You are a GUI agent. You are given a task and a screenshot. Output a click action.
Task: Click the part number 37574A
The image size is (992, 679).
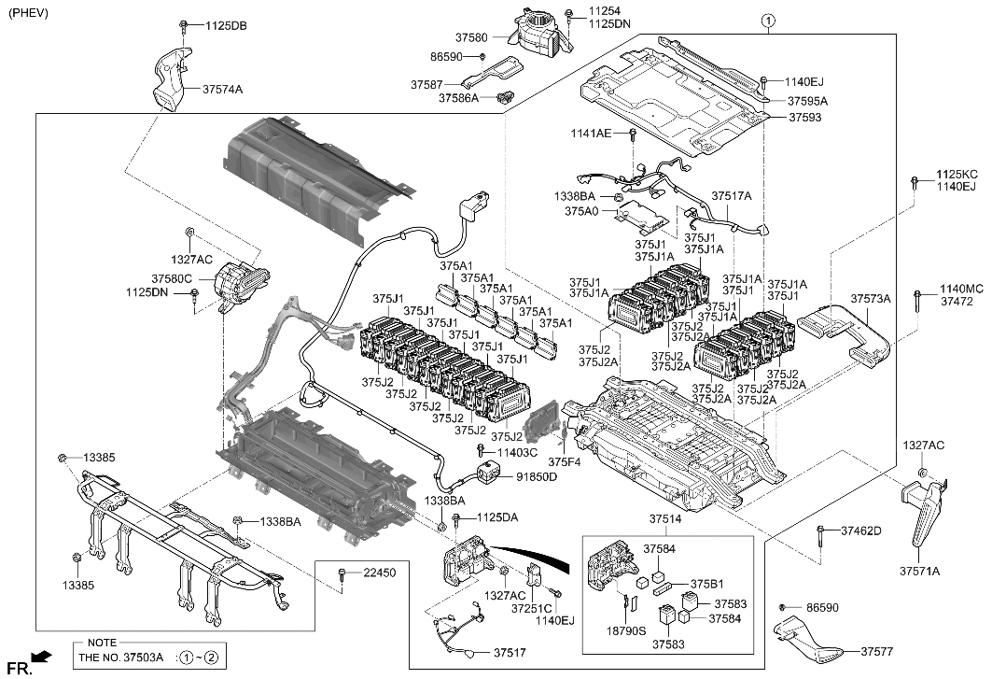point(223,90)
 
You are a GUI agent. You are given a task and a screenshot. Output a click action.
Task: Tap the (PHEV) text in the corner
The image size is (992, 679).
point(28,13)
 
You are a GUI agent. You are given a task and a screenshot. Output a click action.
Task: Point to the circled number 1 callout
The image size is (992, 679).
point(767,20)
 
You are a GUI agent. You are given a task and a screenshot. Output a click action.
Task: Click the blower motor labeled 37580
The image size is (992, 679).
point(535,34)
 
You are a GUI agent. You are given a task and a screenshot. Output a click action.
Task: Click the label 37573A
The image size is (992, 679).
point(871,299)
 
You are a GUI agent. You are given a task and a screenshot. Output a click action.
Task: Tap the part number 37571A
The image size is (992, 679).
point(919,571)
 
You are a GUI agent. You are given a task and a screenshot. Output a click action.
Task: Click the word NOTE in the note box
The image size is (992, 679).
point(101,643)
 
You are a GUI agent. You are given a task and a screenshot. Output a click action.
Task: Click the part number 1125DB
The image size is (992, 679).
point(226,26)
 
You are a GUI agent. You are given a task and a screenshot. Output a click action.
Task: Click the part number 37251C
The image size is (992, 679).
point(530,608)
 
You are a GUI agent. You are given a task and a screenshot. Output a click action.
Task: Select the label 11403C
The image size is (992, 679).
point(518,453)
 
